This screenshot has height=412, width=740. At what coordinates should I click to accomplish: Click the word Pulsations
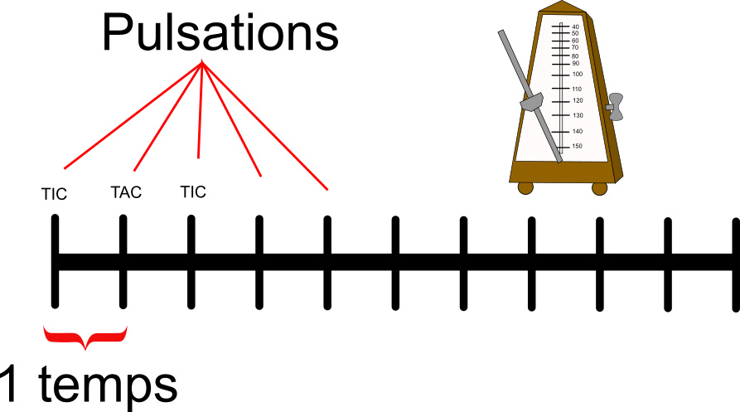220,33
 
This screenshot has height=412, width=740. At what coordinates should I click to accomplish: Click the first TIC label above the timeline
54,195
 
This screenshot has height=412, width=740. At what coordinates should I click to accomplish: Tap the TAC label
126,193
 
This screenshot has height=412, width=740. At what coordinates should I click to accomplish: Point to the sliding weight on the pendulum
530,102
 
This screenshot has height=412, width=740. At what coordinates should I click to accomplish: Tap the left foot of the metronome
525,187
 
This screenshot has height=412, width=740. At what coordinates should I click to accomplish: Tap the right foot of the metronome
599,187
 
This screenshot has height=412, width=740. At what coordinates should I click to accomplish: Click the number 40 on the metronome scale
575,27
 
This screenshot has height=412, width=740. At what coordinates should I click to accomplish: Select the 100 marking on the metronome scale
577,74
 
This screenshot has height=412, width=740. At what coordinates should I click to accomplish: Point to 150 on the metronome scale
577,146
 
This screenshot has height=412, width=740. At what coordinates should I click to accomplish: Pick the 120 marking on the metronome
577,100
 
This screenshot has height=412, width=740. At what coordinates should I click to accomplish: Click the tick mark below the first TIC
55,261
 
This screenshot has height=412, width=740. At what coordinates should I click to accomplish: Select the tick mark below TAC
123,261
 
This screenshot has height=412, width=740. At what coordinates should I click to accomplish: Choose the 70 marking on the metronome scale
575,47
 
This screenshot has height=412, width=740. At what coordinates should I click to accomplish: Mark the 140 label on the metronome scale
577,131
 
